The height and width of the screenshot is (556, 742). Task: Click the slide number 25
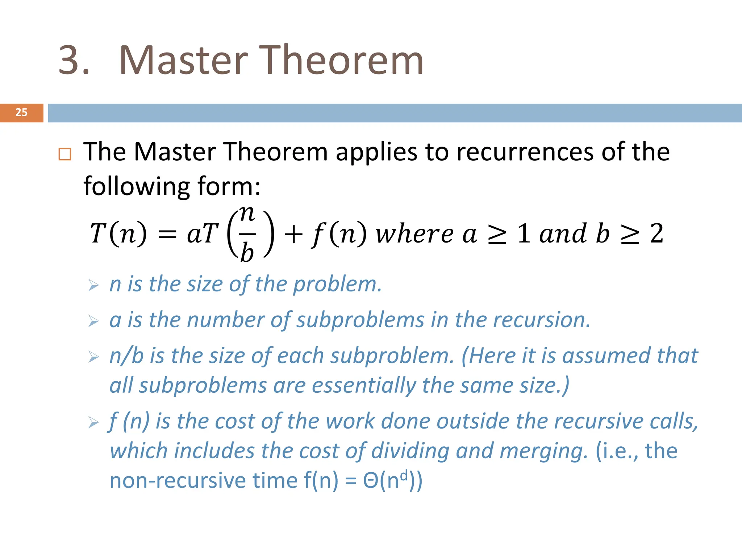21,113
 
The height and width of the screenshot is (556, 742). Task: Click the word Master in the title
183,60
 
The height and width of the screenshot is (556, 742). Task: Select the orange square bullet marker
65,155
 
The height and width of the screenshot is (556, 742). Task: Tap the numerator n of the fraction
247,214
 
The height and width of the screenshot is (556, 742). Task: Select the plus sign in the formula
293,234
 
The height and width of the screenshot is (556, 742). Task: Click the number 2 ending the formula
656,233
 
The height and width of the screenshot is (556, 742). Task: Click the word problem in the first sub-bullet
337,285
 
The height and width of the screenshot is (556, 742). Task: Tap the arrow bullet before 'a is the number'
93,321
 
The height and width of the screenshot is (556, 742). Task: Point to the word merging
543,451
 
